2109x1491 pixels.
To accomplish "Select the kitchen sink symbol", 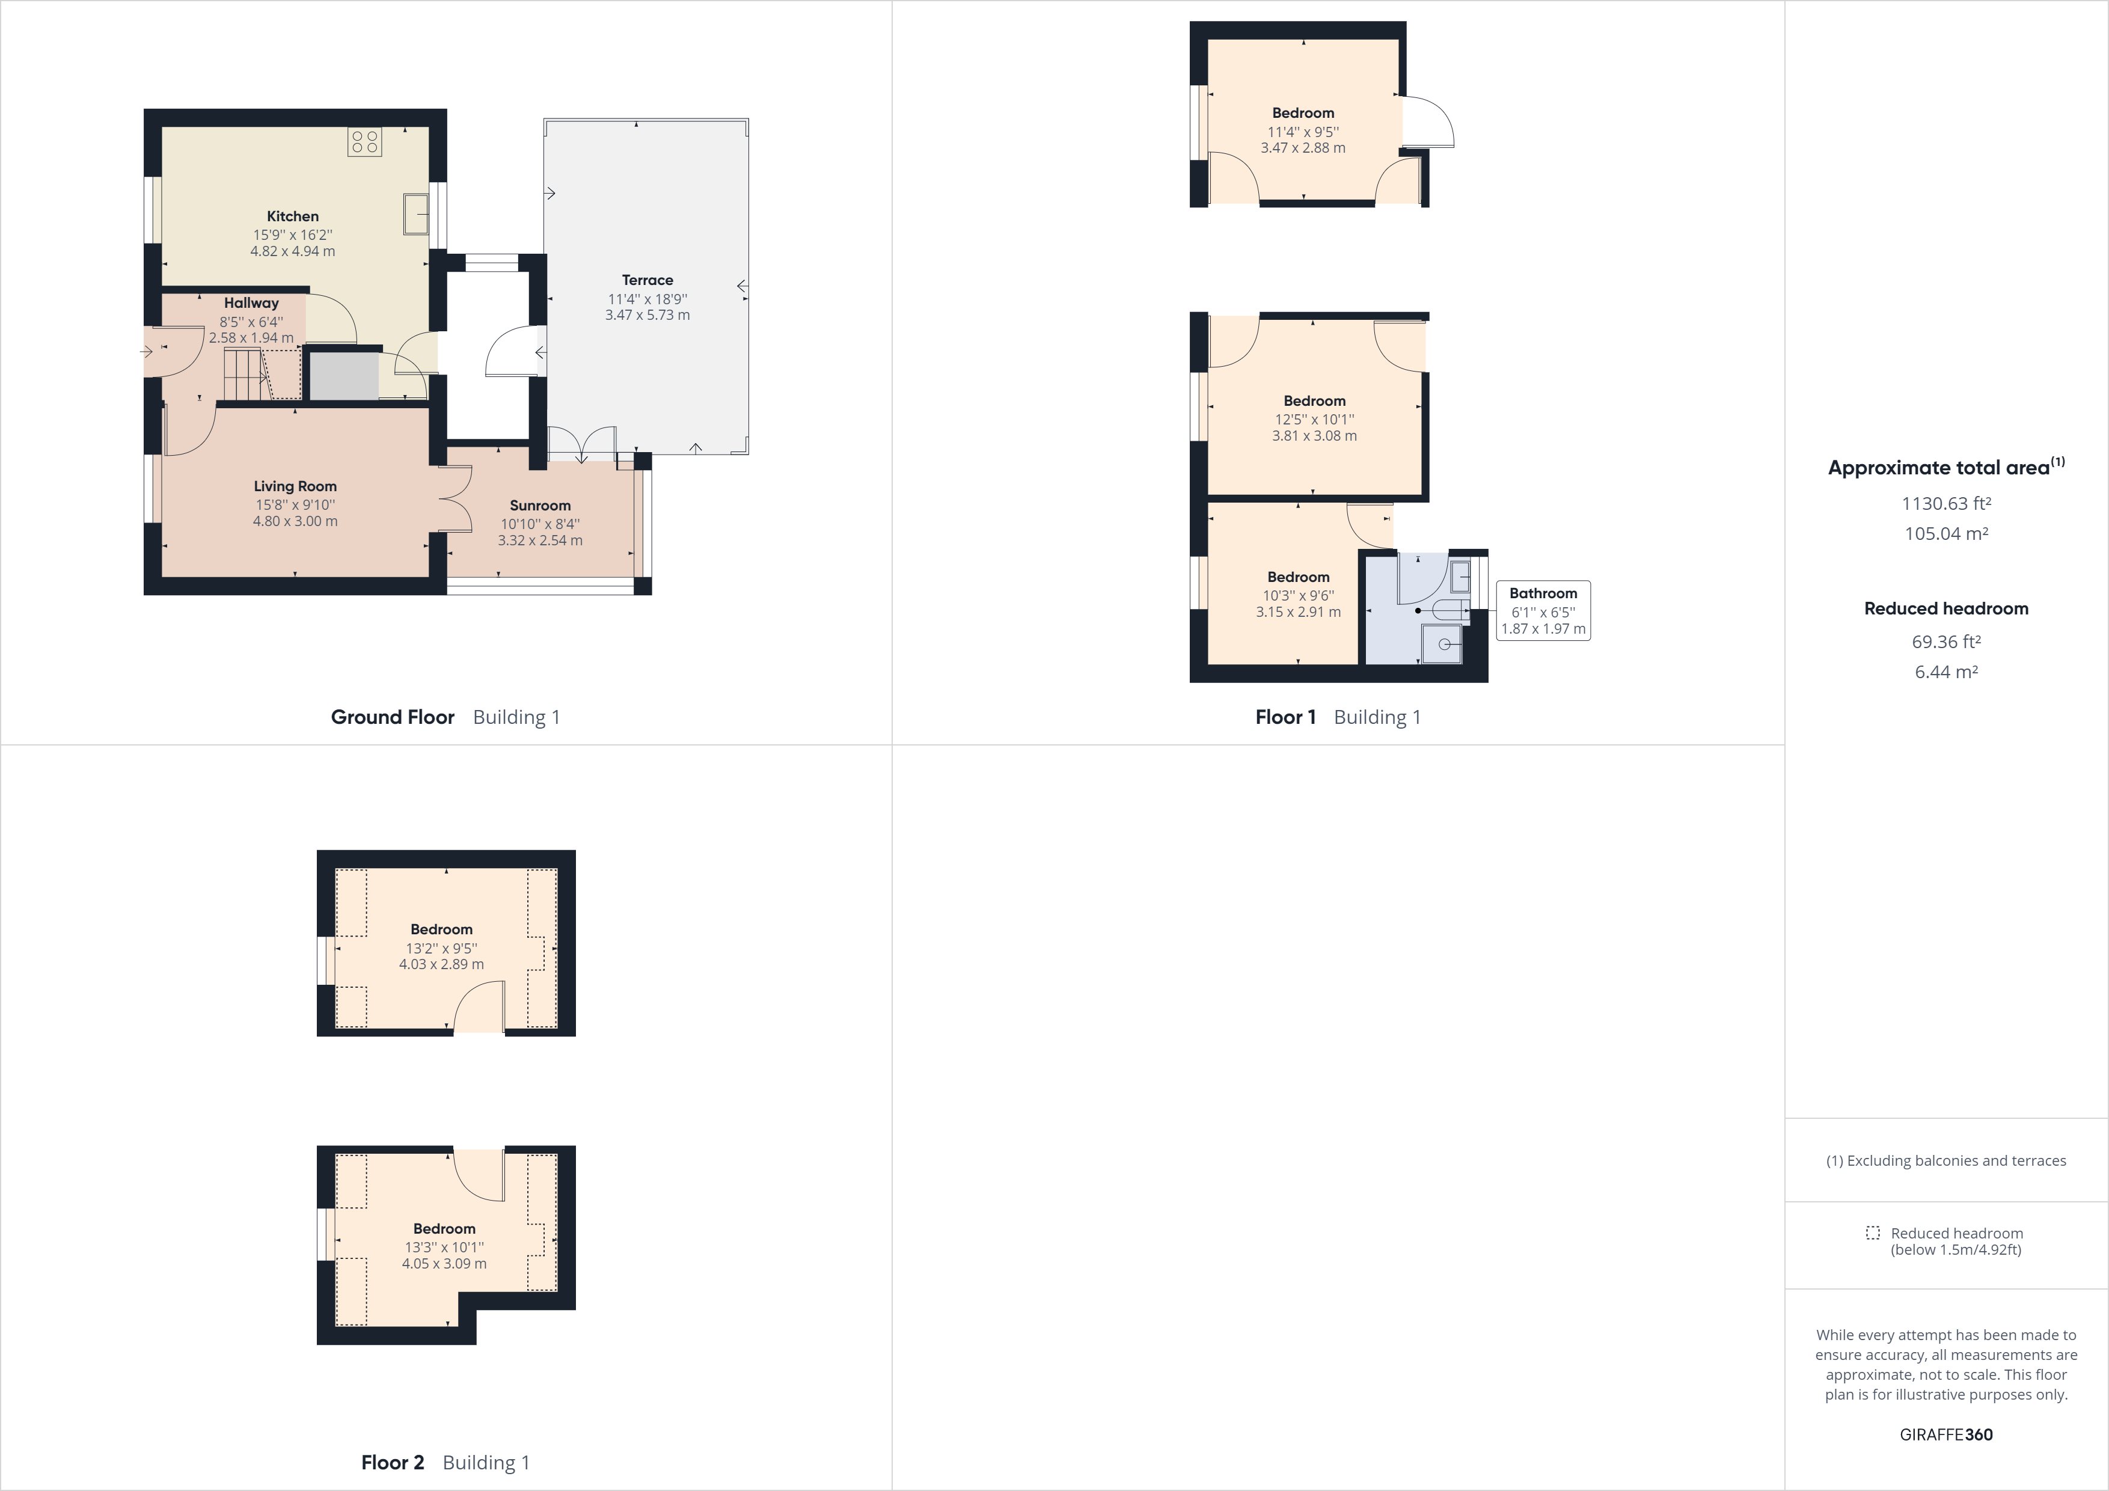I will (416, 214).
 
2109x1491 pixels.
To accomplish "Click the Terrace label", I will (647, 280).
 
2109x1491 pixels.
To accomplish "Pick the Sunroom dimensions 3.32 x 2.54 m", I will (540, 540).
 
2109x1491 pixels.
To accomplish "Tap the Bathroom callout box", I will (1543, 611).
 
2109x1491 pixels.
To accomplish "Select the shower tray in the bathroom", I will (1441, 643).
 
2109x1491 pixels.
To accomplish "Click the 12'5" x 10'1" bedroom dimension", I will (1314, 419).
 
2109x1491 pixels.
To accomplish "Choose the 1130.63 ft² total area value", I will (1945, 503).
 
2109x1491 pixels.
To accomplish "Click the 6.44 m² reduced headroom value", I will (1945, 672).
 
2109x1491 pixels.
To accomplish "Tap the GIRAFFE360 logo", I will (1945, 1434).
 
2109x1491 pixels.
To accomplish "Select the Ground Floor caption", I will (392, 717).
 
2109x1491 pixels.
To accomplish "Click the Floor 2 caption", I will (392, 1463).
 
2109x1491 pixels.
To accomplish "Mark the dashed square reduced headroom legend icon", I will (1873, 1233).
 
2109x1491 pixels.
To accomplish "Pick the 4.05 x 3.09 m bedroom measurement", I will (444, 1263).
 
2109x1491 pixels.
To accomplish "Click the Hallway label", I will (251, 303).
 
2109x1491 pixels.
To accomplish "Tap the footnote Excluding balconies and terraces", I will (1945, 1160).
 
